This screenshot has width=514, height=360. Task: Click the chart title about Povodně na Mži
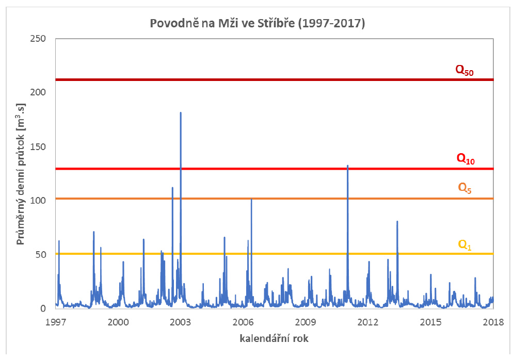click(257, 24)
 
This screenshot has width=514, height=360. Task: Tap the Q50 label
click(464, 70)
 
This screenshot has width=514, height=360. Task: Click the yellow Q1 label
click(465, 244)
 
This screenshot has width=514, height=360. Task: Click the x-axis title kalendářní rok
click(274, 339)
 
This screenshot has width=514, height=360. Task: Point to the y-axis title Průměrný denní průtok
click(21, 174)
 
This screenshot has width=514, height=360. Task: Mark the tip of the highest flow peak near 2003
click(181, 112)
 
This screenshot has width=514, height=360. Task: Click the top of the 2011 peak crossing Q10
click(348, 166)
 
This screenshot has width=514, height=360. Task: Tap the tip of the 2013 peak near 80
click(397, 221)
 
